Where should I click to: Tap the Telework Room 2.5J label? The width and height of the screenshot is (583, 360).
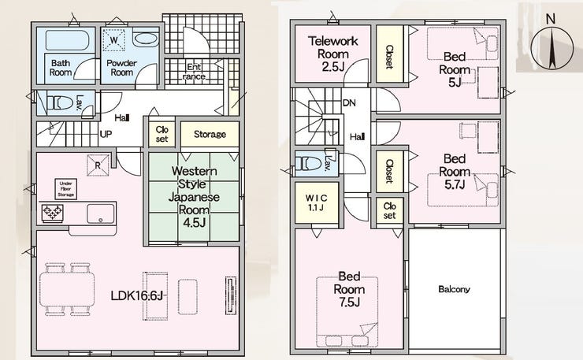[332, 54]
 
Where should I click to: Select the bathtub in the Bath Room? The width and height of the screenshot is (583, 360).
[67, 40]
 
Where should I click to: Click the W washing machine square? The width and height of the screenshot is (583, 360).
[114, 40]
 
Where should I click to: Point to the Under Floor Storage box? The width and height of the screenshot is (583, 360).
[66, 189]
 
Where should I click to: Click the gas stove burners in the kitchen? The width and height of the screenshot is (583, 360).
[53, 213]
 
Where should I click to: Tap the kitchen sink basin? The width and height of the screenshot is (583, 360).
[100, 213]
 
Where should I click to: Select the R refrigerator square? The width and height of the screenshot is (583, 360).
[98, 165]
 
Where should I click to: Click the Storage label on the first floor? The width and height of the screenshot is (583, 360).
[210, 134]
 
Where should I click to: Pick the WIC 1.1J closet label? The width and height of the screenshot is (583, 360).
[317, 202]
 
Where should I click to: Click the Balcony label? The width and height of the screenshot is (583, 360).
[454, 289]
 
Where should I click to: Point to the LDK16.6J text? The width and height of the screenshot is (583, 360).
[137, 296]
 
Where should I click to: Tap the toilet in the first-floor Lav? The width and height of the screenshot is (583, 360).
[61, 102]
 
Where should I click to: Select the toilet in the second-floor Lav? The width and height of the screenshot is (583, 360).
[308, 163]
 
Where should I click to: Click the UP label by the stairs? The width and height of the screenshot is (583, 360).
[106, 134]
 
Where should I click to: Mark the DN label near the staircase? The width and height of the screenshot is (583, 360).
[349, 102]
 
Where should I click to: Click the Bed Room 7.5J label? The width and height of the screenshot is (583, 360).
[349, 289]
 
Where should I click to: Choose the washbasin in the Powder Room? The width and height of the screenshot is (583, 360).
[146, 39]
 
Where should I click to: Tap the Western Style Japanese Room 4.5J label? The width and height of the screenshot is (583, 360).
[194, 197]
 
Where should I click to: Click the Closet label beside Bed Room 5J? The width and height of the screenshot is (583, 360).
[389, 57]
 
